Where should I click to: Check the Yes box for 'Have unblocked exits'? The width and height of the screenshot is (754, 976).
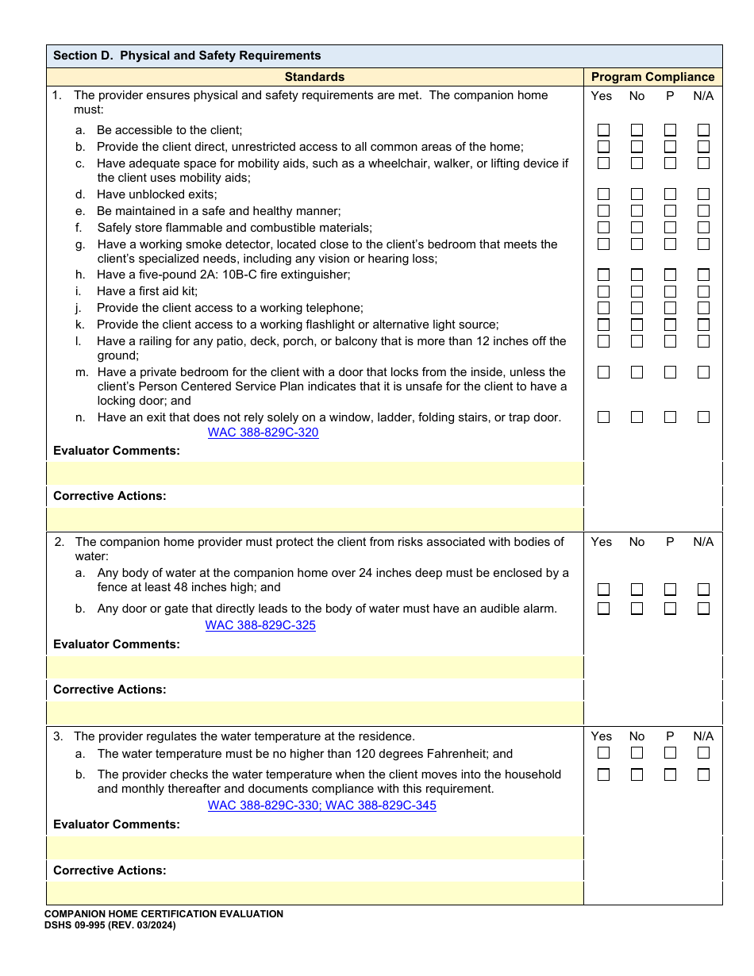[x=604, y=194]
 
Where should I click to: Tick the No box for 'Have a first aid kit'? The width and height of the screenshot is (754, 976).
[x=637, y=291]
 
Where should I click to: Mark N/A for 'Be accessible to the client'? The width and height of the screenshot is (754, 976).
[x=703, y=130]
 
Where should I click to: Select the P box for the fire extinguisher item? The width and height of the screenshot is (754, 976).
[x=671, y=275]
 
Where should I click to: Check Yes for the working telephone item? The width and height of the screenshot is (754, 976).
[x=604, y=308]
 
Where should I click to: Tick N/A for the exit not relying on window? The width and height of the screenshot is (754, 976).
[x=703, y=417]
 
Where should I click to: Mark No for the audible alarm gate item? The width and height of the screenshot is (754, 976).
[x=637, y=609]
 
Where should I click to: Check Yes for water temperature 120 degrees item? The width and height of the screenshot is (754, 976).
[x=604, y=753]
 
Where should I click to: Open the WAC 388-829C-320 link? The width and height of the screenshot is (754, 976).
[x=264, y=433]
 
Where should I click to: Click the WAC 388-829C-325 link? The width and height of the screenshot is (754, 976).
[x=260, y=625]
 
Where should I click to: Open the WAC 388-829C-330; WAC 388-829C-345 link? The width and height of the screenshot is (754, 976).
[x=321, y=806]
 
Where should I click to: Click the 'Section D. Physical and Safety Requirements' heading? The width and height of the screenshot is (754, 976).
[x=187, y=56]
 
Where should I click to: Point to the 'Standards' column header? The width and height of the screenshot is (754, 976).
[x=314, y=77]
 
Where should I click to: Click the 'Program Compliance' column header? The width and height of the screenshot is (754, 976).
[x=652, y=77]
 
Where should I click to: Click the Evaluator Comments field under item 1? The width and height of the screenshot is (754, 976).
[x=315, y=474]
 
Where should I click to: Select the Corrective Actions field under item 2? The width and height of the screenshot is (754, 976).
[x=315, y=713]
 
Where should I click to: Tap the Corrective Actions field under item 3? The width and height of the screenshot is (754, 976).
[x=315, y=893]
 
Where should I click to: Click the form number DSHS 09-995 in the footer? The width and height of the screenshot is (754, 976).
[x=110, y=925]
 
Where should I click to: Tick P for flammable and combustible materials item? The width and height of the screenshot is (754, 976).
[x=671, y=228]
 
